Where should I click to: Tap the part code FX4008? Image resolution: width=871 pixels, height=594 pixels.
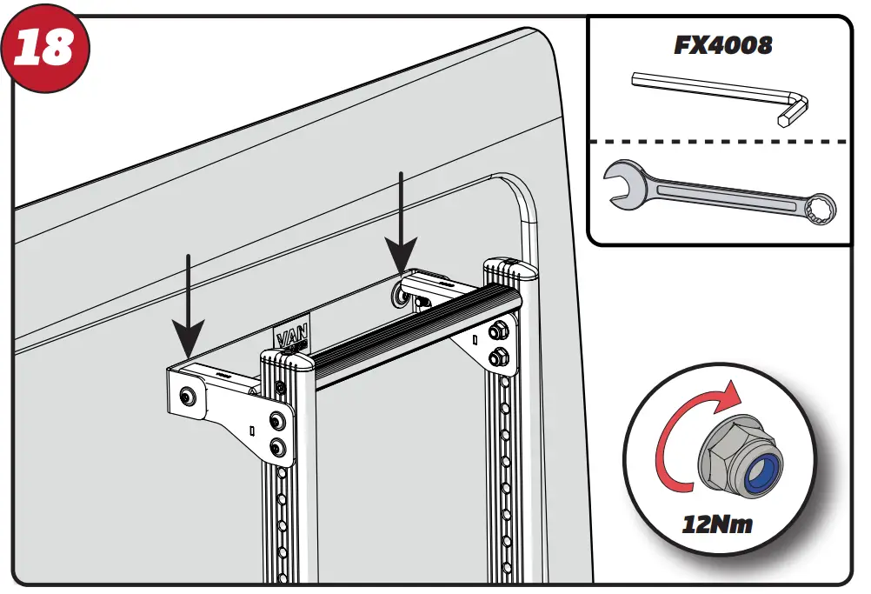point(722,45)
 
